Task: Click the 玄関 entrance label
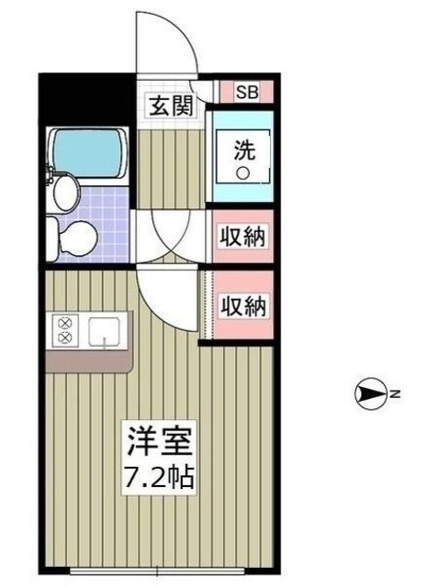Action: click(x=171, y=105)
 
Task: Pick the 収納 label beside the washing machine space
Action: click(x=242, y=237)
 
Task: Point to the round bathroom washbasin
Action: click(x=66, y=193)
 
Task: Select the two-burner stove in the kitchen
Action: click(x=65, y=331)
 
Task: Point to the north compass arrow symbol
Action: click(x=370, y=395)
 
